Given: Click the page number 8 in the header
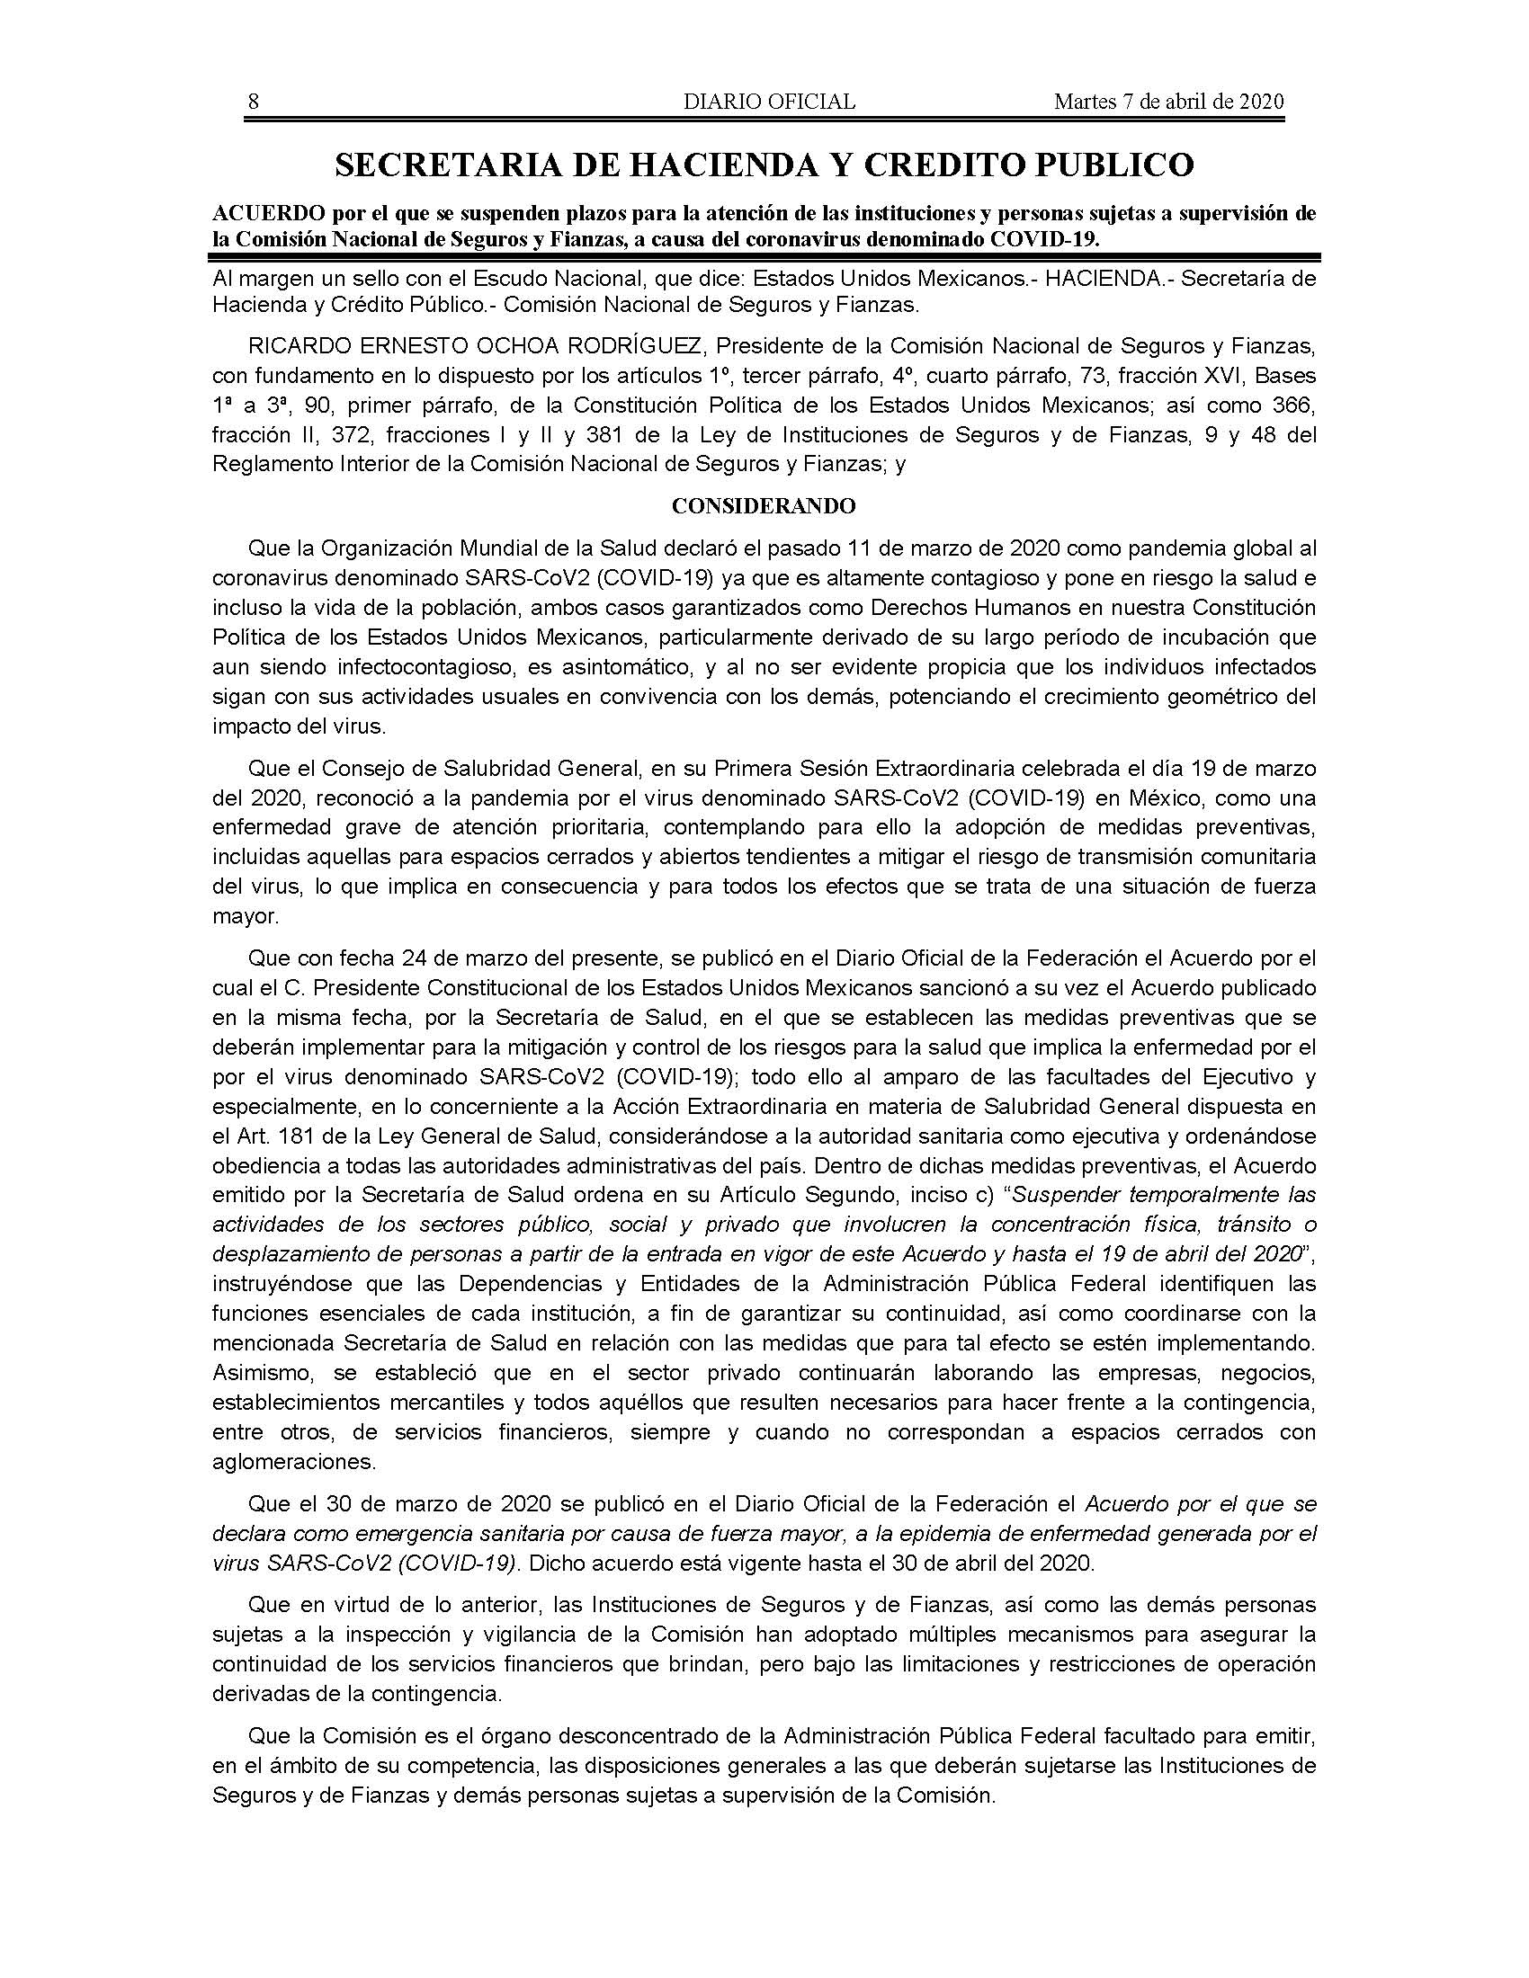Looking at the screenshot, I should [254, 102].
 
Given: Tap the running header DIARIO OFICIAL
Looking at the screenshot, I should [769, 102].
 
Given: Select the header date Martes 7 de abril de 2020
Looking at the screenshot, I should [1168, 102].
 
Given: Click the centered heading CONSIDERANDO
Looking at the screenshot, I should [764, 506].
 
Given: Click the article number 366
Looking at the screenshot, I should [1297, 405].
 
